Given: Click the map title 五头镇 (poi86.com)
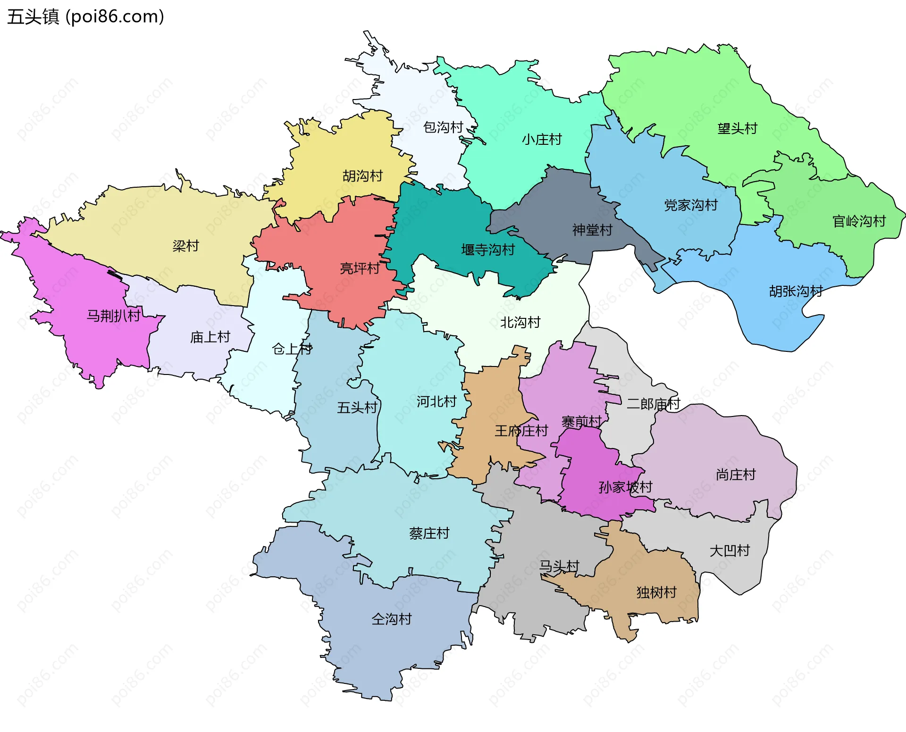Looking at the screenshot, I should pyautogui.click(x=85, y=17).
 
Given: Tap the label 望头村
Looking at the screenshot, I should pyautogui.click(x=737, y=128).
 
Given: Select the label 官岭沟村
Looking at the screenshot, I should pyautogui.click(x=858, y=221).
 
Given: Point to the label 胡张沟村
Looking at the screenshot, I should pyautogui.click(x=796, y=291).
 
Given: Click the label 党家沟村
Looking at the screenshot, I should pyautogui.click(x=690, y=205).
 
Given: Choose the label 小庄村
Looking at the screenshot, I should pyautogui.click(x=542, y=140).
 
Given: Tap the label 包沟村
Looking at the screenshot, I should pyautogui.click(x=443, y=127).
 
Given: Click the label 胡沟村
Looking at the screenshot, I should pyautogui.click(x=362, y=176).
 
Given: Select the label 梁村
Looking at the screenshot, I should pyautogui.click(x=185, y=246).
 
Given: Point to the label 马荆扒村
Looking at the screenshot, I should pyautogui.click(x=114, y=316).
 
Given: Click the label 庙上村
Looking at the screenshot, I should pyautogui.click(x=210, y=337).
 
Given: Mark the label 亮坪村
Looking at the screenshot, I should pyautogui.click(x=360, y=268).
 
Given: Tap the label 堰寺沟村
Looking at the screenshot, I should pyautogui.click(x=487, y=250).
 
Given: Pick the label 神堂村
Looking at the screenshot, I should pyautogui.click(x=592, y=230).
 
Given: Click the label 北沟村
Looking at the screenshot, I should pyautogui.click(x=520, y=323).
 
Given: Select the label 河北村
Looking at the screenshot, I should pyautogui.click(x=436, y=402).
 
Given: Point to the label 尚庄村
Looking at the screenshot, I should pyautogui.click(x=736, y=474).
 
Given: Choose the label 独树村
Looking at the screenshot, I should pyautogui.click(x=656, y=592).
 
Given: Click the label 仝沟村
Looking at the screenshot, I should pyautogui.click(x=391, y=619).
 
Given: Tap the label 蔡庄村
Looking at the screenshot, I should pyautogui.click(x=429, y=533).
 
